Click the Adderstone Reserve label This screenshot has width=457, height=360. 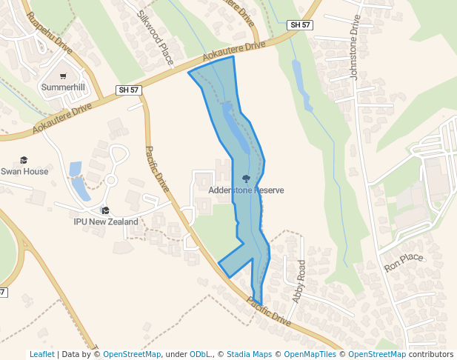pos(246,190)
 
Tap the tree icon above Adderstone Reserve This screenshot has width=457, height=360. pos(246,179)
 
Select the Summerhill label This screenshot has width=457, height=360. pos(63,87)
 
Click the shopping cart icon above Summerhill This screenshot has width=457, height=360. pos(63,76)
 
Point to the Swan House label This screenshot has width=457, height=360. pos(24,172)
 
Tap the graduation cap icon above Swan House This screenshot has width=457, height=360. pos(24,160)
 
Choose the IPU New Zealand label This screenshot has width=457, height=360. pos(106,221)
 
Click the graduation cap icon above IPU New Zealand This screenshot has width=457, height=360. pos(105,210)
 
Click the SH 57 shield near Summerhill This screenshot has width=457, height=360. pos(129,90)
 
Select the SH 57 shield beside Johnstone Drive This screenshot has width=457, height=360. pos(299,25)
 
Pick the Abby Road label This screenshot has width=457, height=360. pos(298,281)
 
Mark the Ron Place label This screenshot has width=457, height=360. pos(403,262)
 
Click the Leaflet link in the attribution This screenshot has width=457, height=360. pos(41,354)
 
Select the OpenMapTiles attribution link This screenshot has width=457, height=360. pos(309,354)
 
